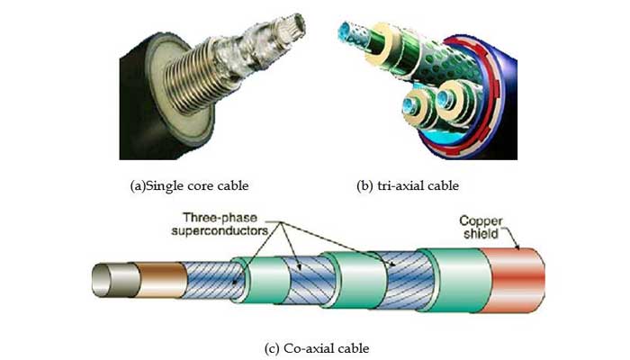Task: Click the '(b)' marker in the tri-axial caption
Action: click(x=367, y=186)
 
